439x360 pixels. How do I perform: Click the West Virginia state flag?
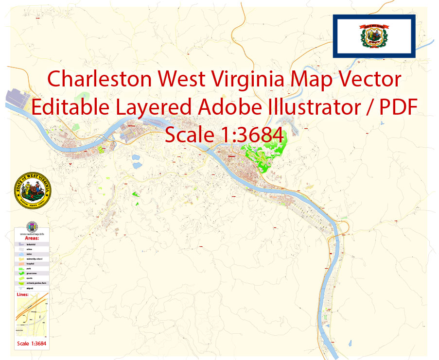tap(373, 35)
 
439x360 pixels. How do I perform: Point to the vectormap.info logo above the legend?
tap(32, 227)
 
